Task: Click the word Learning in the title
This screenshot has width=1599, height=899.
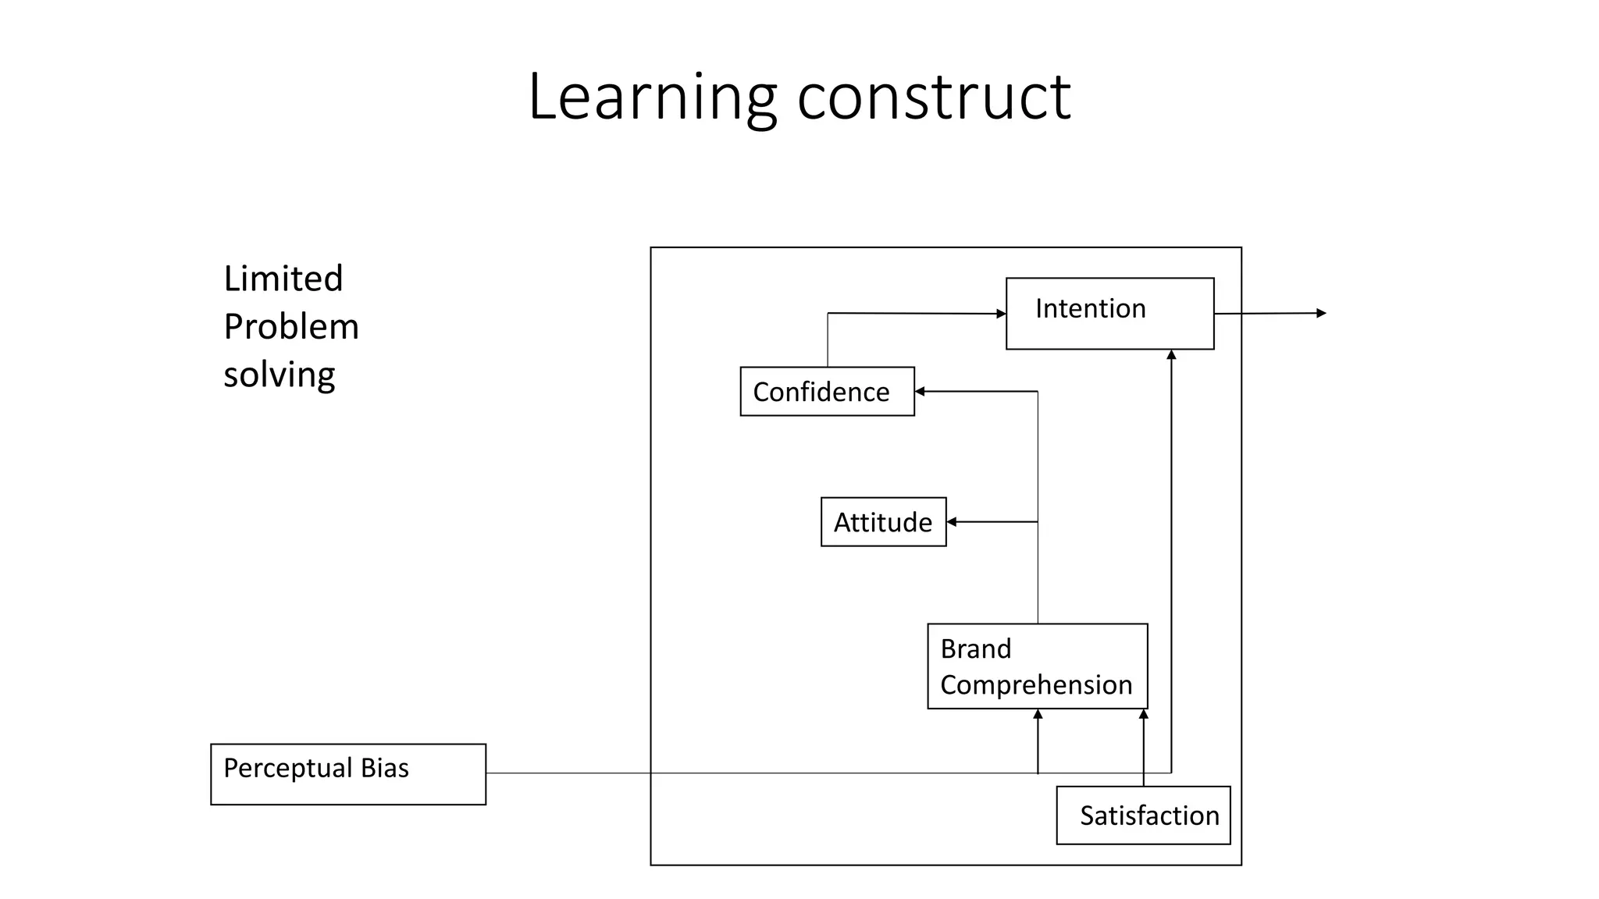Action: [x=652, y=98]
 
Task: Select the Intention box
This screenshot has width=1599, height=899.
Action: [x=1109, y=313]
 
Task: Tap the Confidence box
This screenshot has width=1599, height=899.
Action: [x=827, y=391]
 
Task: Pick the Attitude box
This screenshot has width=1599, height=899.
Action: [x=883, y=521]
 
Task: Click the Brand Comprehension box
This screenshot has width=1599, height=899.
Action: [x=1037, y=666]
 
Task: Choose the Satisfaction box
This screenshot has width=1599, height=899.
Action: [x=1143, y=815]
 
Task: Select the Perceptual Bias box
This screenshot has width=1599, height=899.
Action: [x=348, y=773]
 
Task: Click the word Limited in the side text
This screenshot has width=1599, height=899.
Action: [x=283, y=279]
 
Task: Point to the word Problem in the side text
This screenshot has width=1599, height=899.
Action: [x=290, y=326]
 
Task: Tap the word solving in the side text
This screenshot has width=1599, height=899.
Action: [x=279, y=375]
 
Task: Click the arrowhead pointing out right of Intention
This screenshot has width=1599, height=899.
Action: [x=1321, y=313]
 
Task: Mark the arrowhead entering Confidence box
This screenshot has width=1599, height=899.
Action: [x=921, y=391]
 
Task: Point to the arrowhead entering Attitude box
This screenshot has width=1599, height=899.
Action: [x=952, y=521]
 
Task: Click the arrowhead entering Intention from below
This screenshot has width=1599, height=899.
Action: [x=1171, y=355]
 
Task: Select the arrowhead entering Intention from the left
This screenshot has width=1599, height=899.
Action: [x=1001, y=314]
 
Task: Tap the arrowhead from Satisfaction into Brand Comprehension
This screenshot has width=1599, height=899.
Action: [x=1143, y=714]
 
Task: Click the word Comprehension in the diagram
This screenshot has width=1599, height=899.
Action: [x=1035, y=684]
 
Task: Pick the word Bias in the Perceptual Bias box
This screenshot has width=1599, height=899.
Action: [x=384, y=768]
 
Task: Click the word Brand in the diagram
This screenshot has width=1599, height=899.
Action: [x=975, y=648]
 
